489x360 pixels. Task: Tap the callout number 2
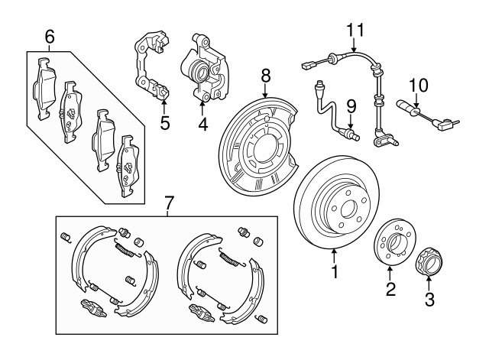[x=390, y=290]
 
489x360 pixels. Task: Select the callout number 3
[x=429, y=299]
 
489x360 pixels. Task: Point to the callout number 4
[x=202, y=122]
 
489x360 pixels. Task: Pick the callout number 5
[x=164, y=122]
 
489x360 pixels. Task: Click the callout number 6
[x=50, y=35]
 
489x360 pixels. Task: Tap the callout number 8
[x=265, y=75]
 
